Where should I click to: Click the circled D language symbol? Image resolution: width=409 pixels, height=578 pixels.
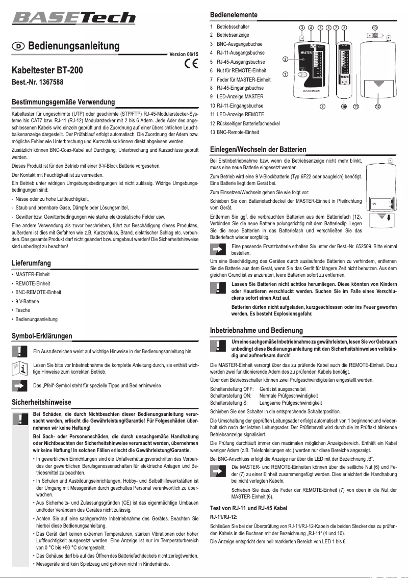[18, 46]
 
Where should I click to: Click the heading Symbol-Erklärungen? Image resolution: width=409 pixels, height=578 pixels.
[41, 336]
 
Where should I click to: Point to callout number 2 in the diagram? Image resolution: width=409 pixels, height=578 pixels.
[286, 60]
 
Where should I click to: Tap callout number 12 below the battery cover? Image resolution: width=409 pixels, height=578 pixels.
[378, 107]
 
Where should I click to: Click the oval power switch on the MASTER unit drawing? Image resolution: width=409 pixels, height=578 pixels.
[303, 74]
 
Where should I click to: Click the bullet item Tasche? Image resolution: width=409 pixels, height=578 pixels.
[22, 310]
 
